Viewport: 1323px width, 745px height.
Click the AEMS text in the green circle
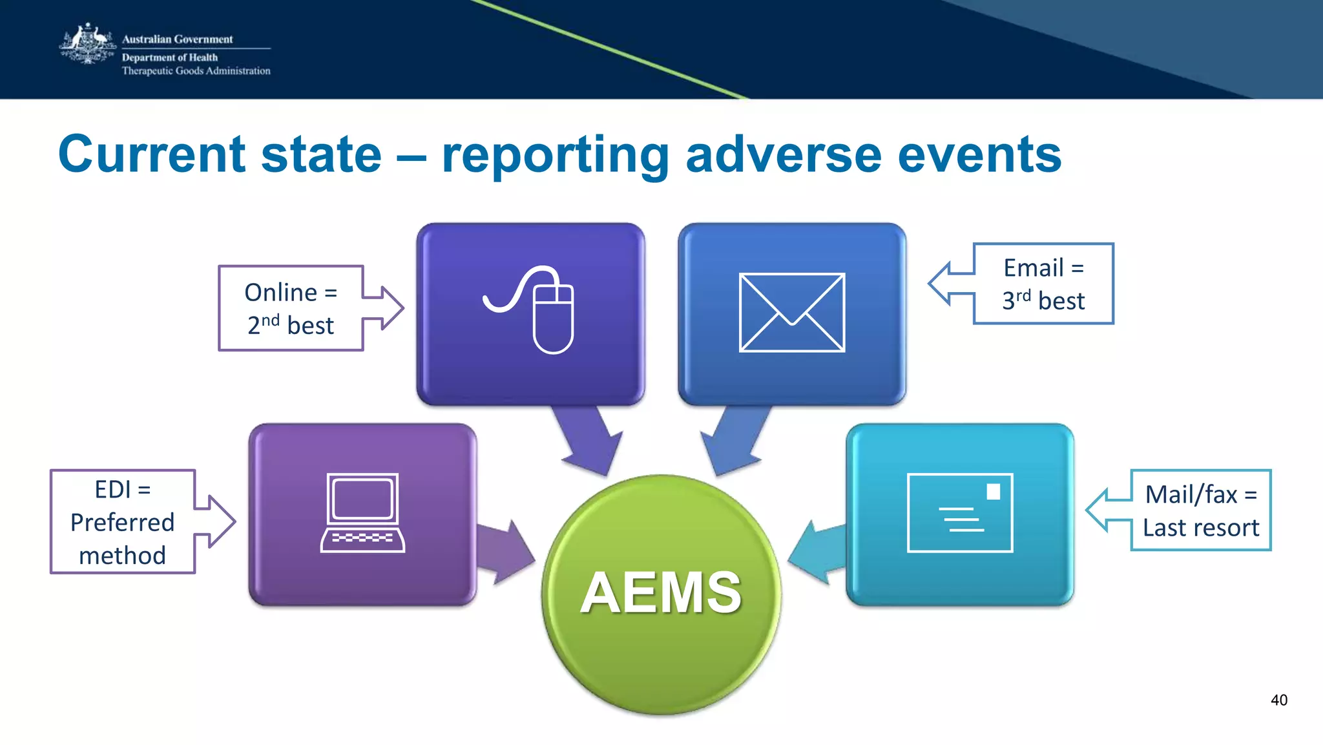(x=661, y=593)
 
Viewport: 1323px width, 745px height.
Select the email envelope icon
(x=791, y=313)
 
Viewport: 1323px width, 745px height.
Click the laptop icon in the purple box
(x=362, y=513)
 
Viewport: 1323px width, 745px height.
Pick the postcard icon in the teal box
(x=959, y=513)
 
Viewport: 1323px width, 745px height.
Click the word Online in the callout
(x=280, y=293)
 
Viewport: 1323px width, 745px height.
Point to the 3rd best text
(x=1043, y=301)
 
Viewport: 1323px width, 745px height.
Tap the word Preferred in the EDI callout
(x=122, y=522)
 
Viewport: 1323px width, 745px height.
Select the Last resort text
(x=1200, y=528)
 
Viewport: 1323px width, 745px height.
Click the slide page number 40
(x=1278, y=700)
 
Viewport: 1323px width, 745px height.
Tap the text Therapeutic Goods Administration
(x=196, y=71)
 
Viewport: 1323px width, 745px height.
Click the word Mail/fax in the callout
(x=1191, y=495)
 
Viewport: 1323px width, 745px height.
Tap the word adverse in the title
(x=782, y=154)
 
